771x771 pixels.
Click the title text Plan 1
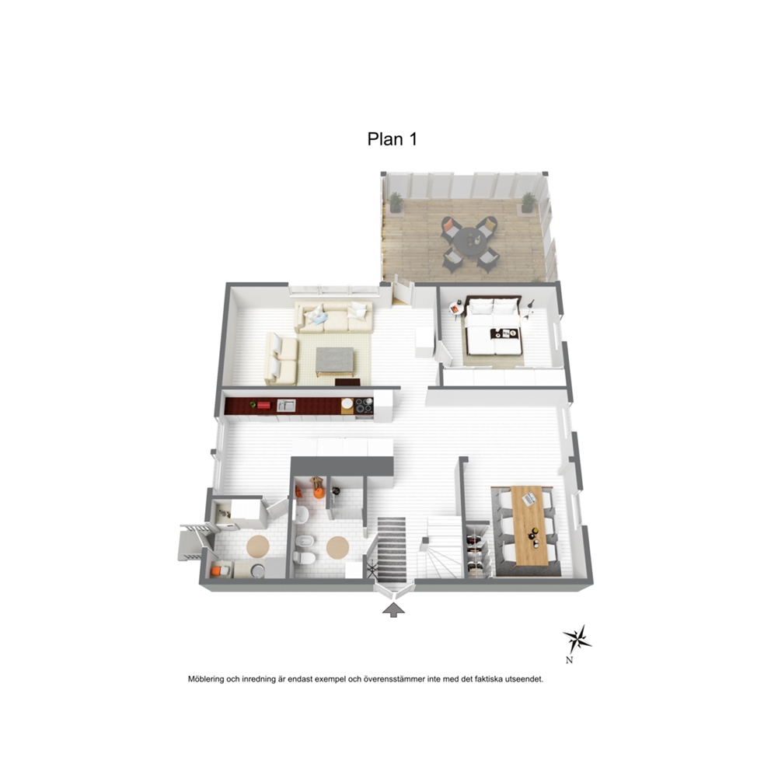pos(392,139)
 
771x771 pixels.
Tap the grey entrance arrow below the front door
pos(393,609)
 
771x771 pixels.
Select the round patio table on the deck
pos(469,241)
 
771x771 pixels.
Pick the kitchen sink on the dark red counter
pos(286,405)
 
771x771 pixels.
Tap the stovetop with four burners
pos(364,406)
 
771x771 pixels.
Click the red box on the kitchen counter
pos(263,405)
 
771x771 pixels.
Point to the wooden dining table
pos(529,525)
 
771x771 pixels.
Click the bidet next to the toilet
pos(302,542)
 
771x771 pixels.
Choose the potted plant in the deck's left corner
pos(396,203)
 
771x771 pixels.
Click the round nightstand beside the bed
pos(455,309)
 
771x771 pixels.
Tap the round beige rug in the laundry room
pos(258,546)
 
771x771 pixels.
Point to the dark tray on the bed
pos(504,334)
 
